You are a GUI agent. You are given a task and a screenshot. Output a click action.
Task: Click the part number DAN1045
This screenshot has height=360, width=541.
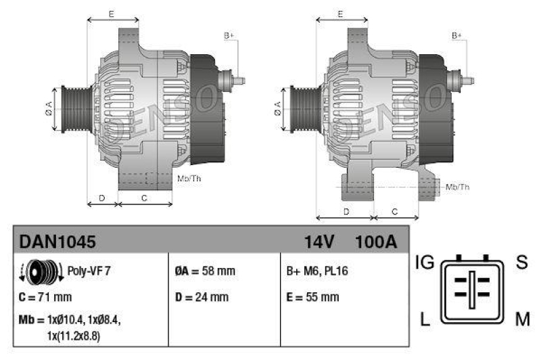click(x=57, y=242)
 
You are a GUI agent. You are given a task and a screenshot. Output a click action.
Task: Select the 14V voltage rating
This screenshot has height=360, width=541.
click(x=319, y=242)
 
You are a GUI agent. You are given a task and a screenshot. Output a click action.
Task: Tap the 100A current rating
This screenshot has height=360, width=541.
click(x=375, y=242)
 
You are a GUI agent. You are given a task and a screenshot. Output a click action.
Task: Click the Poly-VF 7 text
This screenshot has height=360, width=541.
click(x=89, y=271)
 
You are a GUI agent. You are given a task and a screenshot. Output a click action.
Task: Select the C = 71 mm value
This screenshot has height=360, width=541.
click(x=45, y=297)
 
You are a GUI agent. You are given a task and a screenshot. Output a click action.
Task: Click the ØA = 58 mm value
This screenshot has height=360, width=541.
click(x=205, y=271)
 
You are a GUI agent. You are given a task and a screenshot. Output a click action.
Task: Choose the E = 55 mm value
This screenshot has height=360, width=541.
click(x=313, y=297)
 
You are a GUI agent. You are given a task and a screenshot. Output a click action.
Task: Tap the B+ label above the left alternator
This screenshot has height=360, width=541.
click(x=229, y=35)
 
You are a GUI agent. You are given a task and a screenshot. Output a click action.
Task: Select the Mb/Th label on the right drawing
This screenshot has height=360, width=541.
click(x=458, y=187)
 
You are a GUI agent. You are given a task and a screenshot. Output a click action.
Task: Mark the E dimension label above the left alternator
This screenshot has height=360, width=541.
click(x=112, y=14)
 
